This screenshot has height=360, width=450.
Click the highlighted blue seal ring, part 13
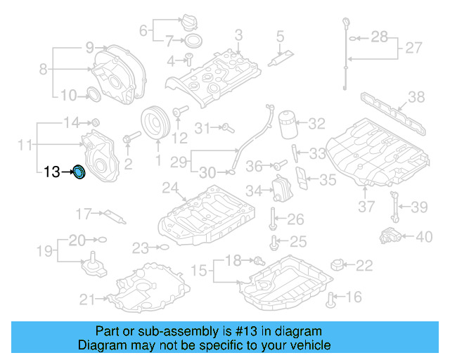click(79, 172)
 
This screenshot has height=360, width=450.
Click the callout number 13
click(51, 172)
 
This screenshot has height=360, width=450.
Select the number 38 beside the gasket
click(416, 98)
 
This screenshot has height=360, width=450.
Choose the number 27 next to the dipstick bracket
click(414, 49)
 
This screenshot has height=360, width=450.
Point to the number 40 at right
click(424, 237)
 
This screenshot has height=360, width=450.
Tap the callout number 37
click(366, 207)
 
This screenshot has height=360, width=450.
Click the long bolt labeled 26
click(271, 219)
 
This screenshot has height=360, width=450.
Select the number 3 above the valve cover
click(238, 34)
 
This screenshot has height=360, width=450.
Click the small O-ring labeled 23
click(162, 247)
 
